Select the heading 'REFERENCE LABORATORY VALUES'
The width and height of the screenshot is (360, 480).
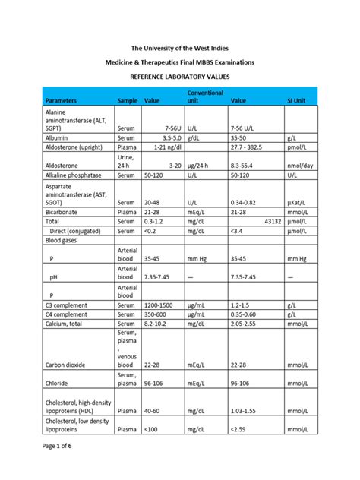tap(180, 77)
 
